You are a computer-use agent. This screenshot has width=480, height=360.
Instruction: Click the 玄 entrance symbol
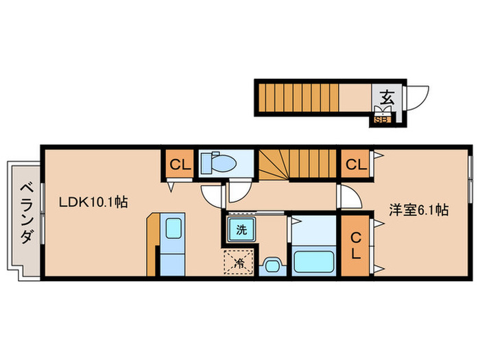coord(386,97)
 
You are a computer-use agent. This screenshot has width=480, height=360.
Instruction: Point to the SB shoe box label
coord(382,119)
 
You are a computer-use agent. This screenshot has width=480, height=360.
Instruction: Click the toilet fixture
coord(218,163)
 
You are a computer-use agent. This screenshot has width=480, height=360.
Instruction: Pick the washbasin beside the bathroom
coord(273,265)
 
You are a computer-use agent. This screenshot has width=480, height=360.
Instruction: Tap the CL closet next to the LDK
coord(179,165)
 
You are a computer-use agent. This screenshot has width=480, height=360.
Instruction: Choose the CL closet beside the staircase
coord(355,165)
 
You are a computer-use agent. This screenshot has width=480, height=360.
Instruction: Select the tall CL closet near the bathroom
coord(355,245)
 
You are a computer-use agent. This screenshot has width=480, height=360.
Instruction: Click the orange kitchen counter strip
coord(152,243)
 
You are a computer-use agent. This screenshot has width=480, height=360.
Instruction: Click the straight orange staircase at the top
coord(299,97)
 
